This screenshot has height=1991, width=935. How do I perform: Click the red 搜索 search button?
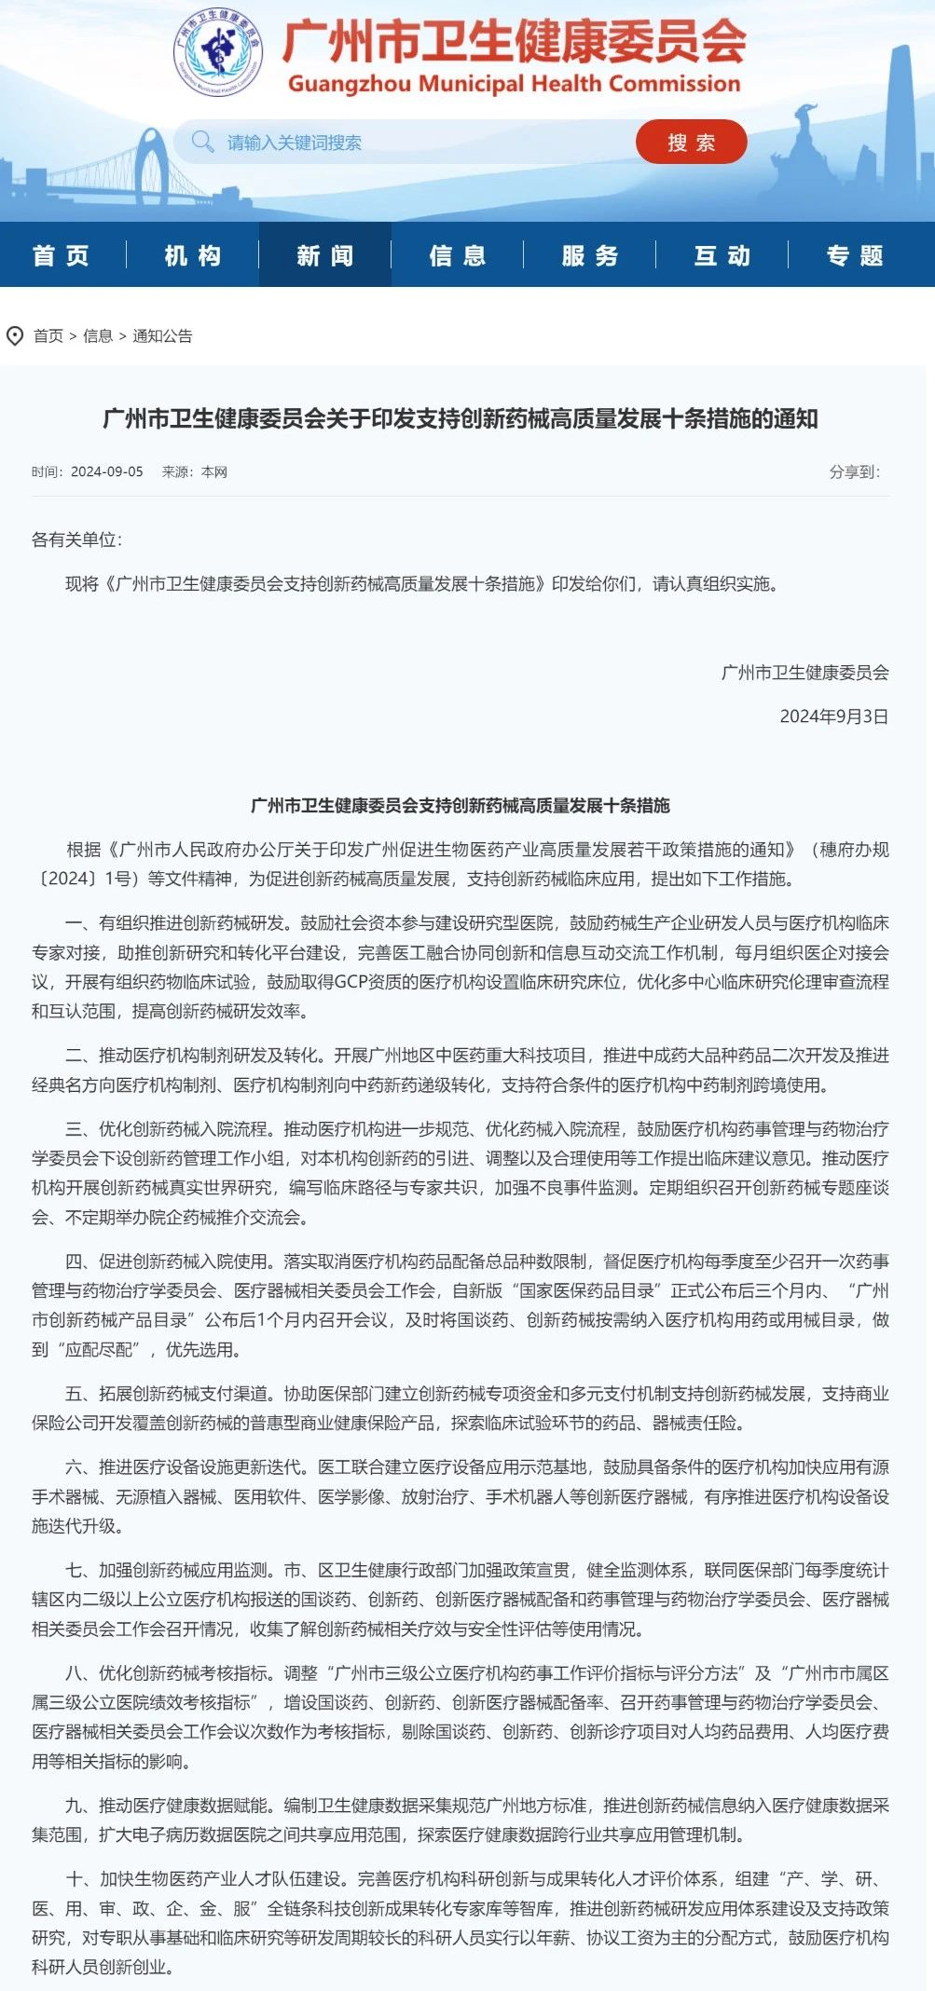691,143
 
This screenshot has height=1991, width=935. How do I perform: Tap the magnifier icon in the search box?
201,142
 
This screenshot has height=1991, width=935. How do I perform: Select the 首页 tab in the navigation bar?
62,255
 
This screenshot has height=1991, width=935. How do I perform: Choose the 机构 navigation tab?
193,255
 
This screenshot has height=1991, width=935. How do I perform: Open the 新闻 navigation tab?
325,255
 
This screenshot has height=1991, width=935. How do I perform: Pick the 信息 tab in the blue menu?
458,255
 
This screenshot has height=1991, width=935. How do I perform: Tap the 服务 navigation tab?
590,255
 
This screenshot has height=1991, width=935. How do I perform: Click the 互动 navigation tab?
722,255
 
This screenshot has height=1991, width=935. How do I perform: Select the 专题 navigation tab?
855,255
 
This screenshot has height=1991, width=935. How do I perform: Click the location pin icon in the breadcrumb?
15,336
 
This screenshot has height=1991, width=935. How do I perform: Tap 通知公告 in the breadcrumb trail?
162,336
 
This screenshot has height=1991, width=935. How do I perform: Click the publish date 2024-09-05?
107,472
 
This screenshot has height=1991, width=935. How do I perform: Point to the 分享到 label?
854,472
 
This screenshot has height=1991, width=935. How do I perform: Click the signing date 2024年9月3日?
833,716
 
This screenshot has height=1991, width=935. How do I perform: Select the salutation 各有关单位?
76,540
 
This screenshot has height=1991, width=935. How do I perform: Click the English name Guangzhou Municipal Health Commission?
514,84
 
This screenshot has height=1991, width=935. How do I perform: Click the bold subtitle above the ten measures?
461,806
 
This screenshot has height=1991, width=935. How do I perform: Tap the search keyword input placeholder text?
295,143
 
